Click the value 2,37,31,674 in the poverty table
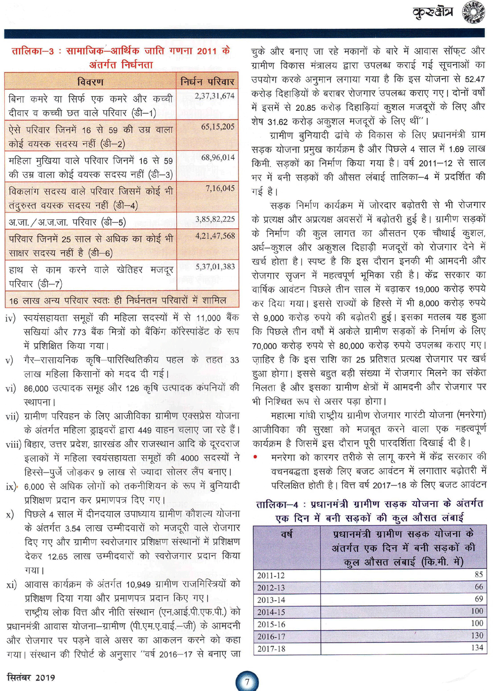click(x=214, y=96)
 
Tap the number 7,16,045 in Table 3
click(x=220, y=188)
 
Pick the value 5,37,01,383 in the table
click(x=215, y=267)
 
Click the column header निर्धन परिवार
click(x=207, y=81)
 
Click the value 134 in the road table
click(x=477, y=648)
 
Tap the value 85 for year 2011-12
click(x=478, y=575)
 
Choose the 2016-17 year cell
click(x=271, y=637)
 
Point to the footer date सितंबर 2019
click(x=31, y=677)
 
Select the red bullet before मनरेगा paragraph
click(x=255, y=457)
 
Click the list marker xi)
click(x=11, y=585)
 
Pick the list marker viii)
click(x=13, y=444)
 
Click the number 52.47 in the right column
click(x=475, y=79)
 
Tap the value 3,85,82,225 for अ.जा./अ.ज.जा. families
click(x=215, y=219)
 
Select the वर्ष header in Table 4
click(x=287, y=534)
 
